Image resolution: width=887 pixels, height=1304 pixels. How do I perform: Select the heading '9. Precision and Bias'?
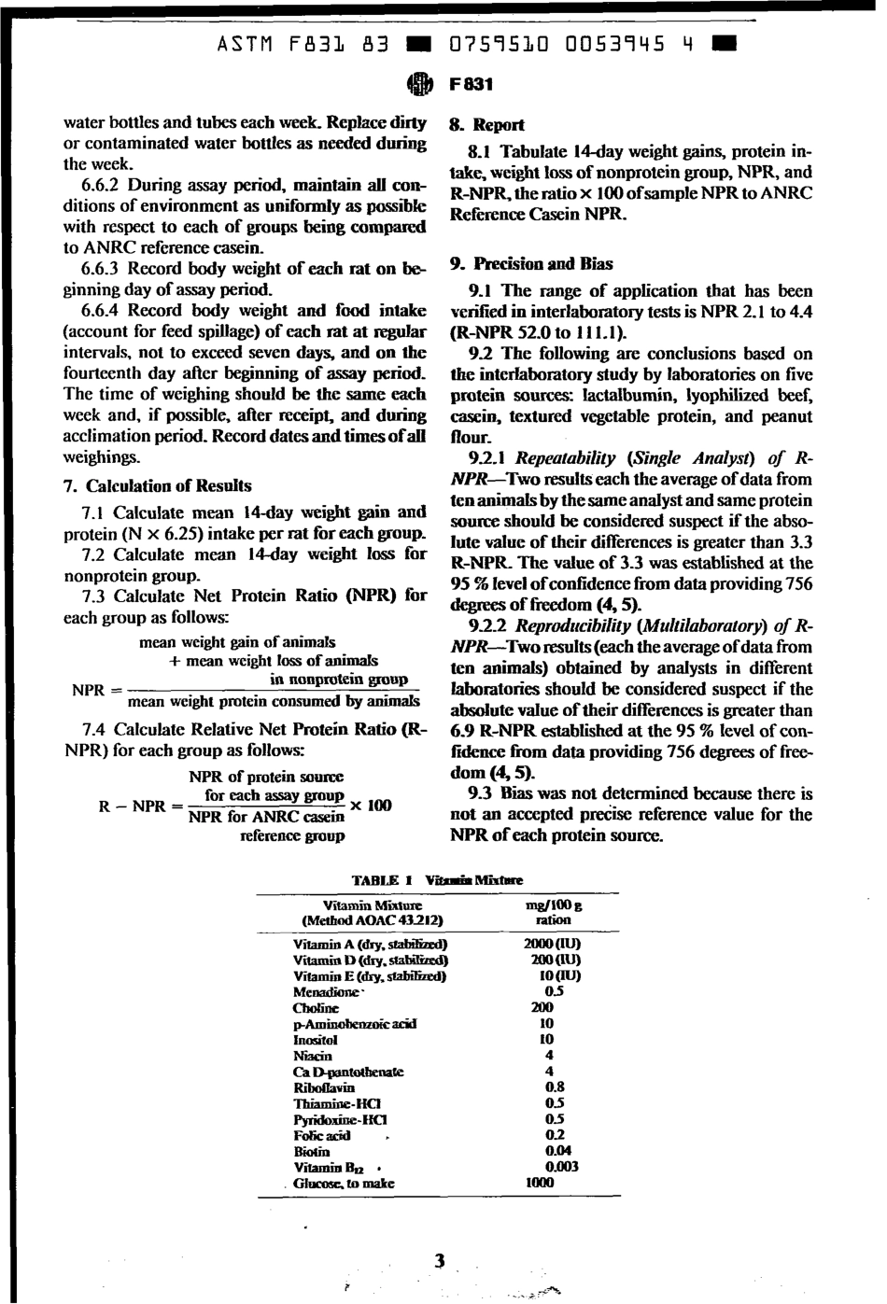click(530, 264)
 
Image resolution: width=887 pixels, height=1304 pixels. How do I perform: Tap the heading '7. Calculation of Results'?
click(157, 486)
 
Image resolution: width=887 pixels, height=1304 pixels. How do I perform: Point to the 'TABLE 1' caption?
click(374, 880)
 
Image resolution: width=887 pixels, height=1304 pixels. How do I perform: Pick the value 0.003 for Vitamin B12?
click(561, 1167)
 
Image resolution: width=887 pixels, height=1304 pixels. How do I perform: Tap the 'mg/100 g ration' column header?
click(554, 912)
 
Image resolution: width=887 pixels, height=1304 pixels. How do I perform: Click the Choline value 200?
click(542, 1008)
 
